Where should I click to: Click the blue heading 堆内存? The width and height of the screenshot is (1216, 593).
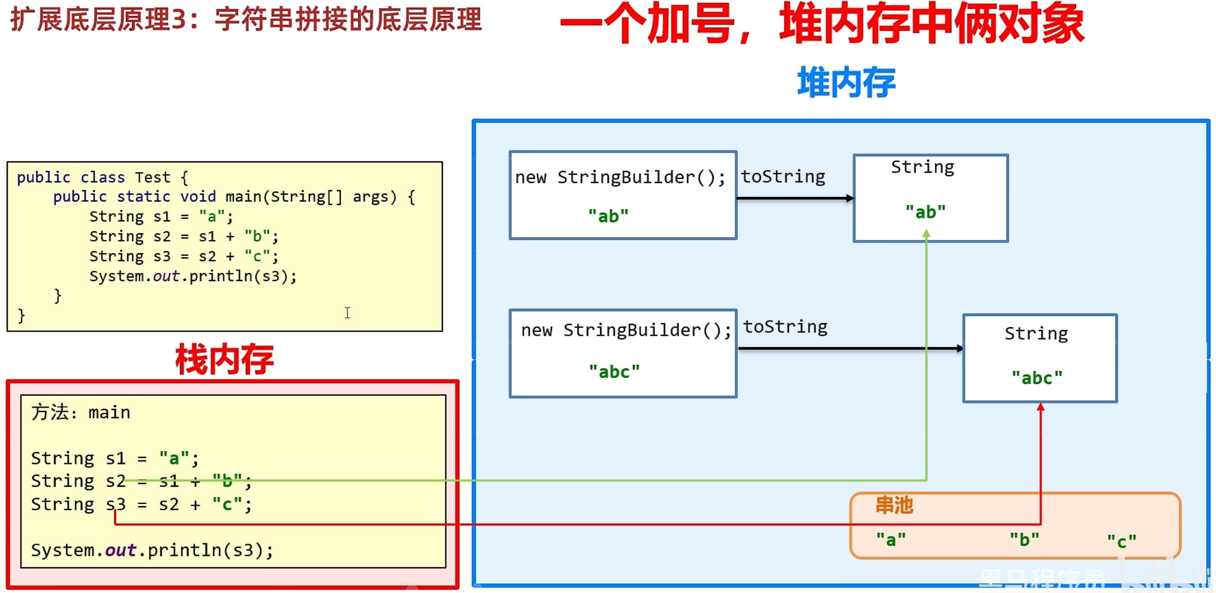click(x=846, y=82)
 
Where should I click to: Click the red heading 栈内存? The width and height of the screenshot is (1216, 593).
click(x=225, y=359)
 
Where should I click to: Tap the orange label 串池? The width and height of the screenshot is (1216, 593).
click(x=894, y=505)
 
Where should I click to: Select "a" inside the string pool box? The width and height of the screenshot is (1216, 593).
click(x=891, y=540)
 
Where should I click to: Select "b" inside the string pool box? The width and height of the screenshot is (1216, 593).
click(x=1024, y=540)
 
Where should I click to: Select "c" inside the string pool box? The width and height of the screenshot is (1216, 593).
click(x=1121, y=541)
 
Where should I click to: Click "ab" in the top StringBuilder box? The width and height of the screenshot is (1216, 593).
click(x=608, y=216)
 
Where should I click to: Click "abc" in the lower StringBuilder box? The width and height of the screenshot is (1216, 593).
click(x=614, y=371)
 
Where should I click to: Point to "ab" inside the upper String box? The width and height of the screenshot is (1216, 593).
click(x=925, y=212)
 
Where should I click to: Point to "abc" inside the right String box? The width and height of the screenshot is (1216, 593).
click(x=1037, y=378)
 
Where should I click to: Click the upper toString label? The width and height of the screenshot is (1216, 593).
click(x=782, y=176)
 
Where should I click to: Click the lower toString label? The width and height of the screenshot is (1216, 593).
click(x=785, y=327)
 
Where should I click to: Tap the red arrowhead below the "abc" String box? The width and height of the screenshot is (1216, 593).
click(x=1040, y=407)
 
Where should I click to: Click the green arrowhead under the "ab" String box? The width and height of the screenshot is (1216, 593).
click(x=926, y=234)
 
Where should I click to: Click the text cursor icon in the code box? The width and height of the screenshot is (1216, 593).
click(x=347, y=312)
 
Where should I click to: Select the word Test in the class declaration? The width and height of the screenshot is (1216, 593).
click(x=152, y=177)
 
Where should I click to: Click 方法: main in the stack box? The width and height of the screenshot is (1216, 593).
click(x=81, y=412)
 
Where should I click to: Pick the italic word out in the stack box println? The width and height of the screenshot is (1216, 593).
click(x=120, y=550)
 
